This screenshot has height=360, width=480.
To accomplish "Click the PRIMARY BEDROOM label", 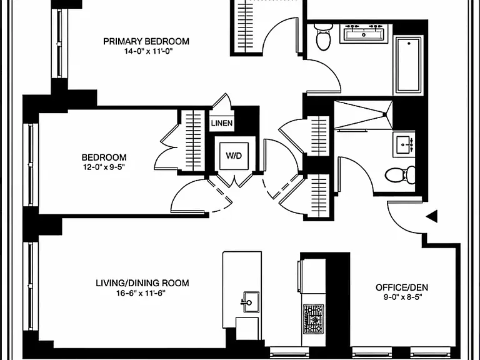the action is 146,41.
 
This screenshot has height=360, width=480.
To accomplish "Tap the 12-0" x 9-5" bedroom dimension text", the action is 104,167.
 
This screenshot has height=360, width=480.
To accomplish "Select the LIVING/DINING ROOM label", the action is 142,283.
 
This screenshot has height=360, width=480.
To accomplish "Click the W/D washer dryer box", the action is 234,156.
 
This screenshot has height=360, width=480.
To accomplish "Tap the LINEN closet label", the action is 222,123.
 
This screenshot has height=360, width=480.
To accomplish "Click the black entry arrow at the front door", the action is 432,216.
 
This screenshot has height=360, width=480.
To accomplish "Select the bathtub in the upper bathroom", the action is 409,64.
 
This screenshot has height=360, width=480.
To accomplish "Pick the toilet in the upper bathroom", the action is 323,37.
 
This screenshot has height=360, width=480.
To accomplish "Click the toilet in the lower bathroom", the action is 400,175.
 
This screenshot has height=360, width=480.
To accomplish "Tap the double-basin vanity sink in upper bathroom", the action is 364,33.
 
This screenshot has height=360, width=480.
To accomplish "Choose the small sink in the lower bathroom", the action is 404,144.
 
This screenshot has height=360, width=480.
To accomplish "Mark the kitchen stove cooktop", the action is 314,319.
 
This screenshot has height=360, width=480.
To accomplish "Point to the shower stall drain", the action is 385,115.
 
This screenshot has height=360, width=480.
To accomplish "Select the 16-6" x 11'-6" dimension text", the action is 141,293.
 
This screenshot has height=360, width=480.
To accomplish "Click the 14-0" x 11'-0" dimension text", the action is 147,51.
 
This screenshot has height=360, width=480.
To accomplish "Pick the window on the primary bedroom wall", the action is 59,43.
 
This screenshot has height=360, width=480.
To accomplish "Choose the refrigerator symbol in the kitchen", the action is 312,276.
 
